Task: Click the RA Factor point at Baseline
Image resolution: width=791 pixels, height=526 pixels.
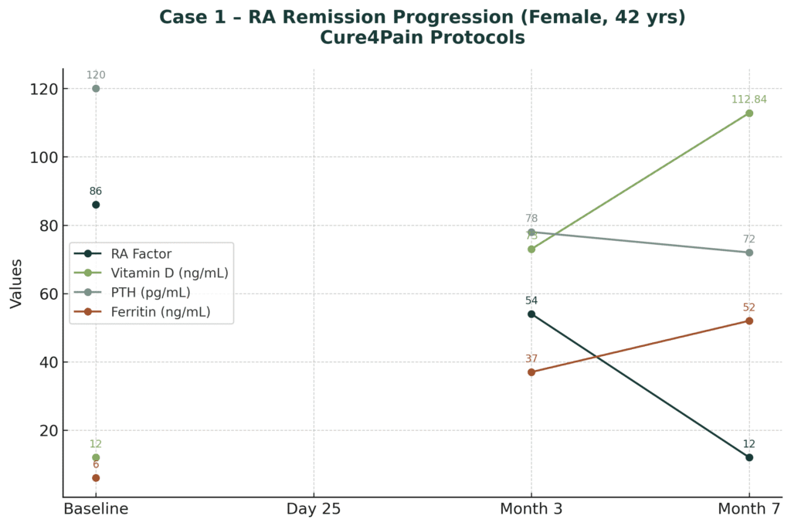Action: pyautogui.click(x=96, y=205)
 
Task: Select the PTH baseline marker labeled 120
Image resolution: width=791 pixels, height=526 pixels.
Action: pyautogui.click(x=96, y=88)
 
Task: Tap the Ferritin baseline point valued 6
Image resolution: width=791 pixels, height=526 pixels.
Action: pyautogui.click(x=96, y=477)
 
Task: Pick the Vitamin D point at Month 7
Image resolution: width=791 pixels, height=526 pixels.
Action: pyautogui.click(x=749, y=113)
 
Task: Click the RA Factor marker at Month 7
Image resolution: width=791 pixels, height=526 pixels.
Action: pyautogui.click(x=749, y=457)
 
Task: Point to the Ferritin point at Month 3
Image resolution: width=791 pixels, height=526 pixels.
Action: pyautogui.click(x=531, y=372)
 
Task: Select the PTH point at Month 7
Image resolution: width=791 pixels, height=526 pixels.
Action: pyautogui.click(x=749, y=253)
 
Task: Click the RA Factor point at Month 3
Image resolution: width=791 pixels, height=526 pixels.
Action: pyautogui.click(x=531, y=314)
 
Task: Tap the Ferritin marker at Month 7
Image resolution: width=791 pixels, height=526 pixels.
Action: pyautogui.click(x=749, y=321)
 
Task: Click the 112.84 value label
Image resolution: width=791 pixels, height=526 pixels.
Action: pyautogui.click(x=749, y=99)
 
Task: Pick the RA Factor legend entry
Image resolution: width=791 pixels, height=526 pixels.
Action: pyautogui.click(x=141, y=253)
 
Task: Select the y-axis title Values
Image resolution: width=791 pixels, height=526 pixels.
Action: pyautogui.click(x=16, y=283)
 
